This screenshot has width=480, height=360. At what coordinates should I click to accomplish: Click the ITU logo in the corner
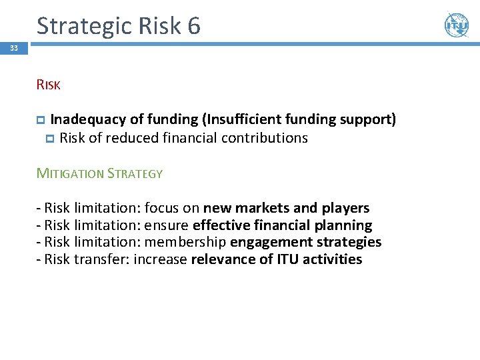[456, 25]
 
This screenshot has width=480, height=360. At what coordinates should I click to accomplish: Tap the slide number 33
[14, 48]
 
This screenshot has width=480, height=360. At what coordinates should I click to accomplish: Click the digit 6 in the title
[193, 26]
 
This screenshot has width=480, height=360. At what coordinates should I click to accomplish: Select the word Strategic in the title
[86, 26]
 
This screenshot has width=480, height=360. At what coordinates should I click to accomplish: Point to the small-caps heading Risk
[49, 85]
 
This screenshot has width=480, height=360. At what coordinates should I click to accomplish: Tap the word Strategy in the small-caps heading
[137, 173]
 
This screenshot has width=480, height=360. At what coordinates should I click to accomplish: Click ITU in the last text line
[287, 259]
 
